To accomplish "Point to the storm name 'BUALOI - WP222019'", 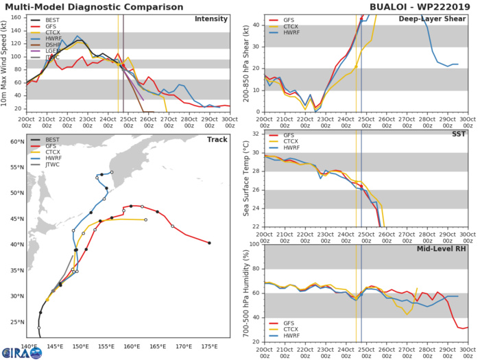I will point(418,6).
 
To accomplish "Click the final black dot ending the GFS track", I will point(209,243).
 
